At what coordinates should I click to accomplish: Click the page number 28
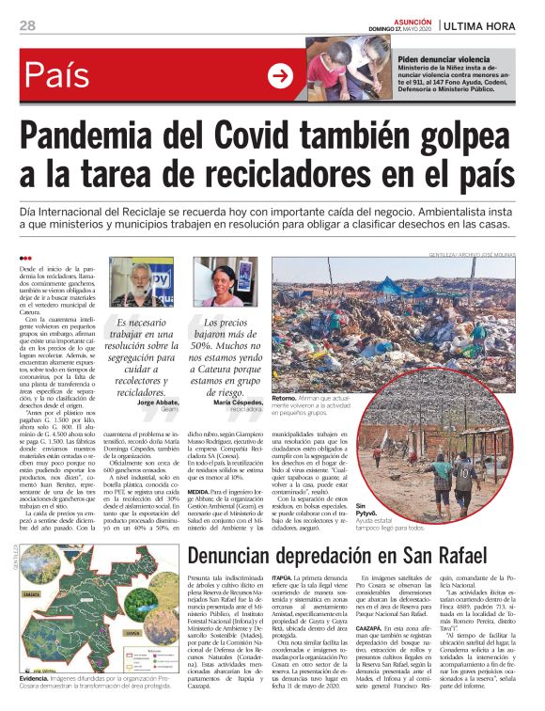[27, 24]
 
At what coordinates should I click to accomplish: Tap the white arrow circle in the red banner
[280, 74]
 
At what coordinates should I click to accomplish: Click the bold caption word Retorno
[285, 399]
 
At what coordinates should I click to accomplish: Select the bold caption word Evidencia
[39, 678]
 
